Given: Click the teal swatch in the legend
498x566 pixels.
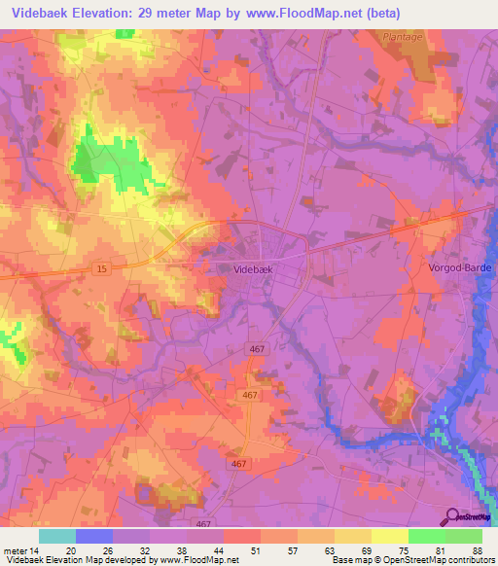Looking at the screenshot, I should pyautogui.click(x=57, y=536).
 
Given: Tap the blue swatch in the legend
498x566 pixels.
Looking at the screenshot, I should pyautogui.click(x=94, y=536).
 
